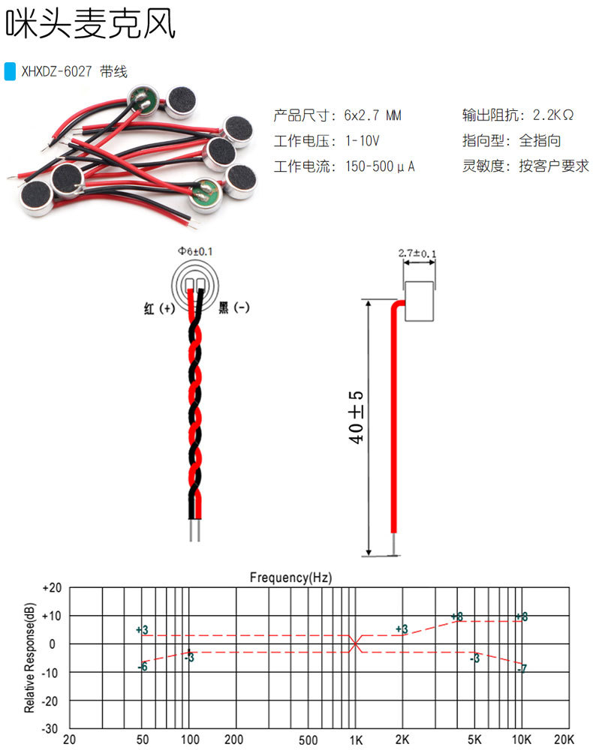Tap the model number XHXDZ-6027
(x=56, y=72)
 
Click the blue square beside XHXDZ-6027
(x=10, y=71)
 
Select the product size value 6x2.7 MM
(x=373, y=115)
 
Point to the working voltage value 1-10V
(x=363, y=141)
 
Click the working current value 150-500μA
(x=380, y=166)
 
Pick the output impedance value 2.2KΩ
(x=553, y=115)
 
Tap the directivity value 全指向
(x=540, y=141)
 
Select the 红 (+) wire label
(x=159, y=308)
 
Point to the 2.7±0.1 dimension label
(x=417, y=253)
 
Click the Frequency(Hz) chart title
(x=290, y=577)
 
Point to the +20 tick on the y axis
(x=51, y=588)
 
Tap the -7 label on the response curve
(x=522, y=667)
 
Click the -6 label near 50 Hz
(x=143, y=667)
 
